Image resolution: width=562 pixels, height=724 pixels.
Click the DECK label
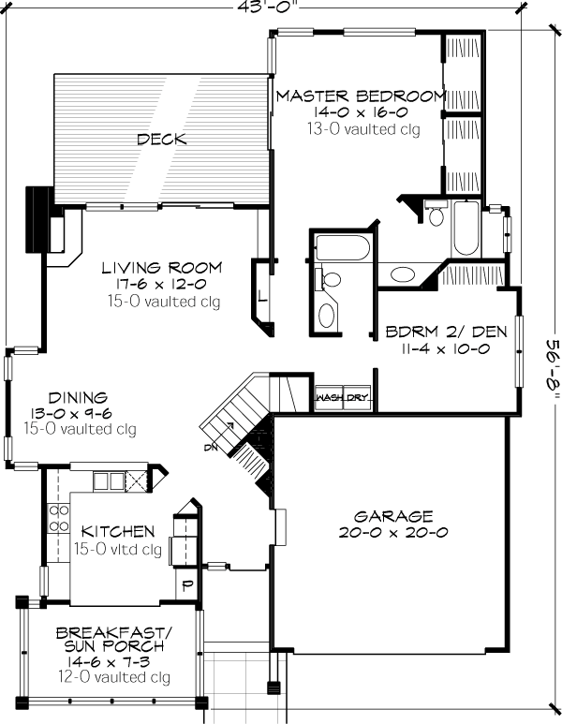[x=162, y=139]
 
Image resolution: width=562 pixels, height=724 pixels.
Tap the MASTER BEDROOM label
[x=362, y=96]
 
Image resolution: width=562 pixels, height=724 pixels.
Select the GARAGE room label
[x=393, y=516]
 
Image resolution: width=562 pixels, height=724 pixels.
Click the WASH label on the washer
[x=330, y=397]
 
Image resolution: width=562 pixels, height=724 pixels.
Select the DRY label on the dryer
[x=357, y=397]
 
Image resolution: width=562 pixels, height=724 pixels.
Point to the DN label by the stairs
[x=210, y=447]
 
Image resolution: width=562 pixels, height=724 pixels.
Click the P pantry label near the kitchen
[x=187, y=586]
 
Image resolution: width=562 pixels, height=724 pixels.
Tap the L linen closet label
[x=262, y=296]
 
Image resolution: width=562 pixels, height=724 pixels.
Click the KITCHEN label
[x=118, y=531]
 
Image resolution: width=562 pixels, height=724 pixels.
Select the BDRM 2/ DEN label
[x=446, y=332]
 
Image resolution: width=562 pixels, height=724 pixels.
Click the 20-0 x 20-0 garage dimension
[x=393, y=532]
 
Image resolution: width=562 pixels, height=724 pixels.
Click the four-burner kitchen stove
[x=59, y=518]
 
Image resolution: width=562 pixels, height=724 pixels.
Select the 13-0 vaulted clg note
[x=363, y=129]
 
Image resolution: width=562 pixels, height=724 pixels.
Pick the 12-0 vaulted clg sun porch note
[x=114, y=677]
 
